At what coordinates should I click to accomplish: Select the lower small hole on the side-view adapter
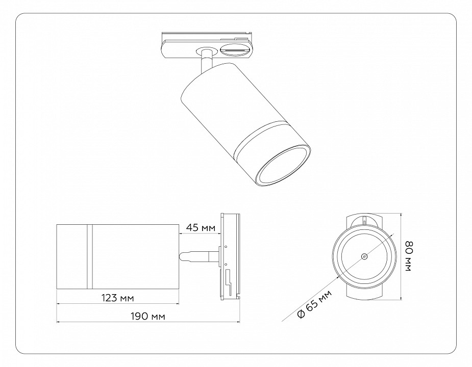tap(225, 264)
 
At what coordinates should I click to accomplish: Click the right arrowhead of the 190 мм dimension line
tap(238, 322)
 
